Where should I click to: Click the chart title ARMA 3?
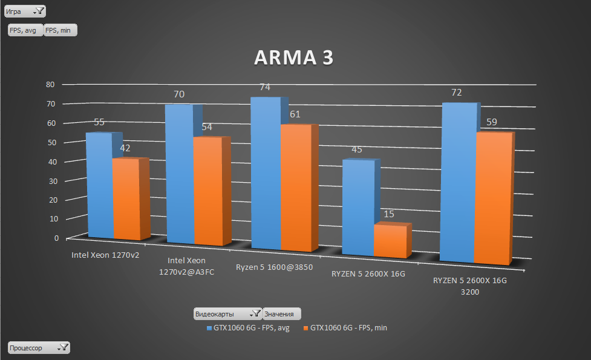(293, 57)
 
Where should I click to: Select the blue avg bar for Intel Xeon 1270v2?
(100, 185)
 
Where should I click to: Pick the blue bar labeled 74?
(265, 172)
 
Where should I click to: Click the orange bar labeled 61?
(295, 188)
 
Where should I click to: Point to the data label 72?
(457, 93)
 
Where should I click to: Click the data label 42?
(125, 148)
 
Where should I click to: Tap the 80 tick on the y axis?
(51, 85)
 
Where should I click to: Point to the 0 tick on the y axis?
(56, 238)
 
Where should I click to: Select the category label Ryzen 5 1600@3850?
(274, 267)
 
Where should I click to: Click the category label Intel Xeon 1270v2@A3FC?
(186, 266)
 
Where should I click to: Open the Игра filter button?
(25, 11)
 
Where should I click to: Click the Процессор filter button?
(39, 348)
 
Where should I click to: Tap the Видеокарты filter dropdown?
(227, 314)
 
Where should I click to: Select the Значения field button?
(281, 314)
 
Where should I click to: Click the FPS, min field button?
(60, 30)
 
